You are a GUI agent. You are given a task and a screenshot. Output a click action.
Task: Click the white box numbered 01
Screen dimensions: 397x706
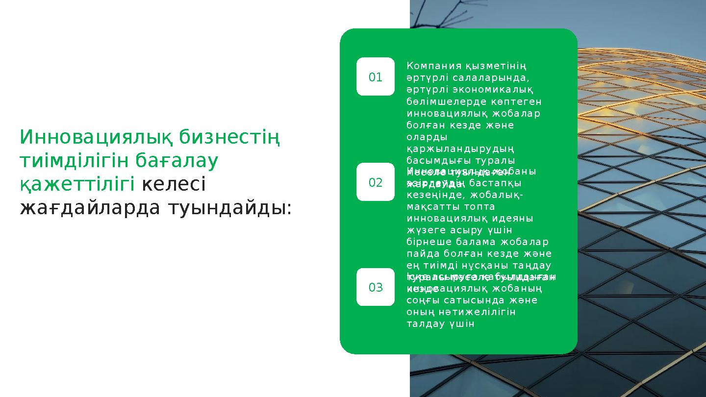(375, 76)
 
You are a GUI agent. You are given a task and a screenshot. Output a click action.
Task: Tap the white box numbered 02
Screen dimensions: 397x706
(375, 182)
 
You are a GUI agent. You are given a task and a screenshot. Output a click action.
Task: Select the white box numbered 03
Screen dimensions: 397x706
(375, 287)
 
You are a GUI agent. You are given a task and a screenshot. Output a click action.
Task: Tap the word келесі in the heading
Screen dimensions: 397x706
(174, 184)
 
